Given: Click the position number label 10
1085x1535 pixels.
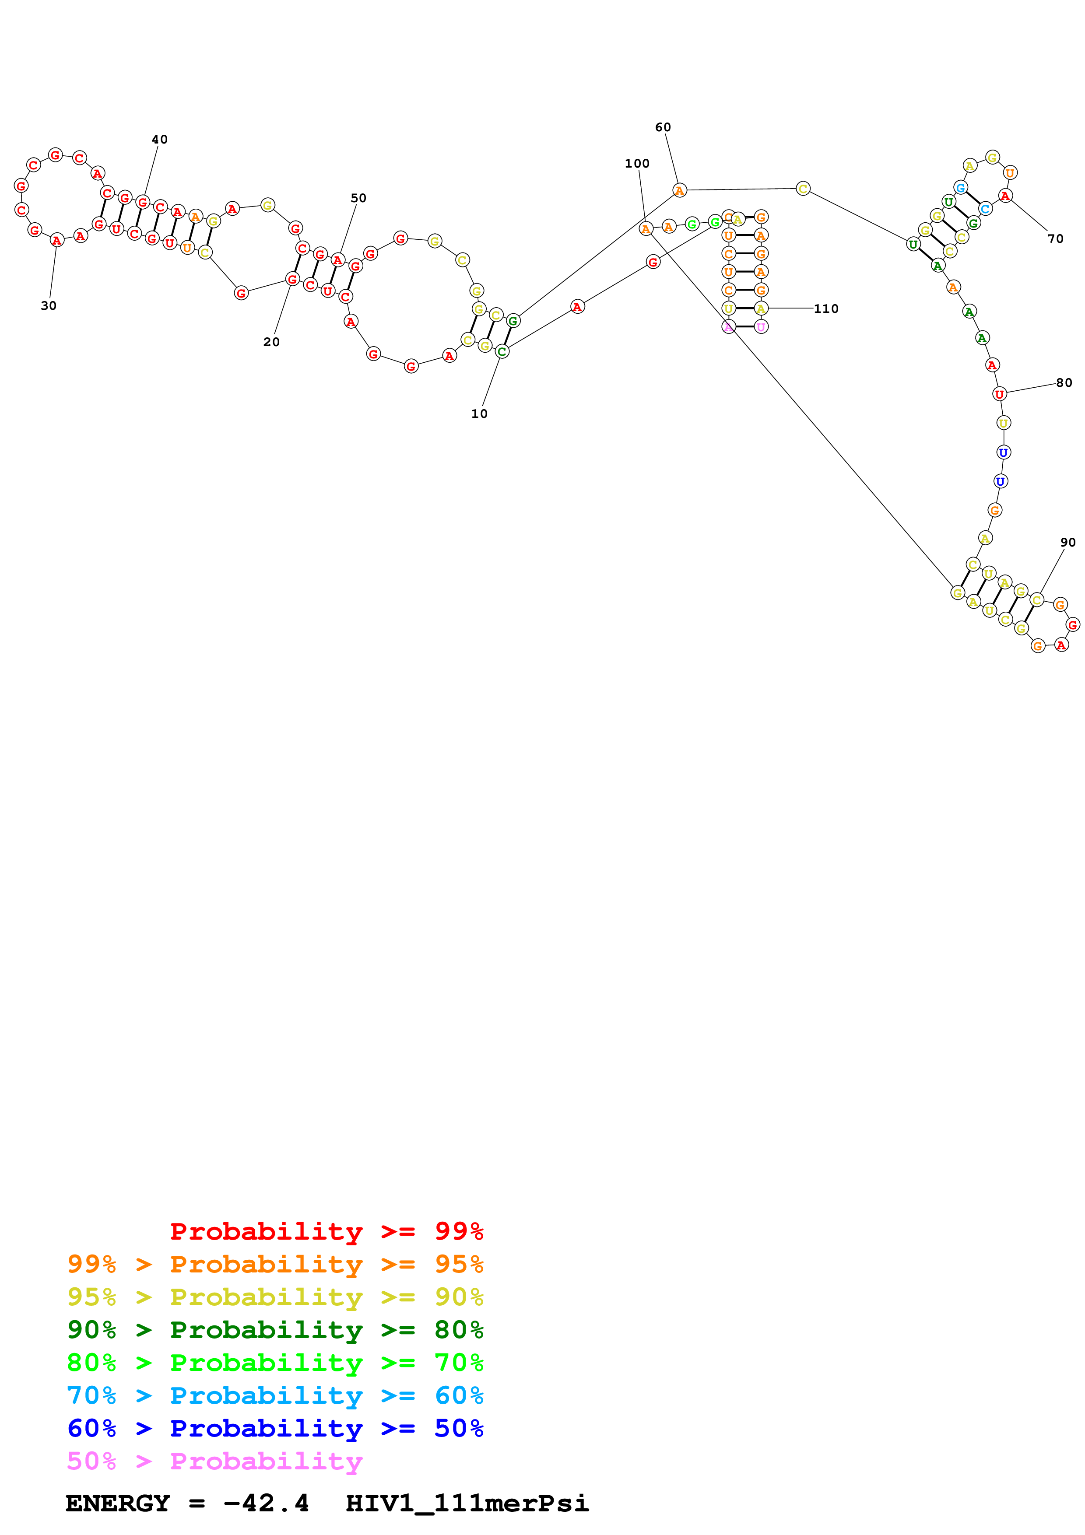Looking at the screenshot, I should [479, 414].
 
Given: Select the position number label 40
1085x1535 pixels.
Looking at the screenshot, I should [159, 139].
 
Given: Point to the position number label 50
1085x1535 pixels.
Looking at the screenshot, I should [358, 198].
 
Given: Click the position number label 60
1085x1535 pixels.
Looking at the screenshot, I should [663, 127].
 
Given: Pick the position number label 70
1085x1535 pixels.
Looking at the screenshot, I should [1055, 238].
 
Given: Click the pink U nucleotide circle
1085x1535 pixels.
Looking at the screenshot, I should [761, 326].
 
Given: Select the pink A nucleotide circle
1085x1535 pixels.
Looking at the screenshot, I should [729, 326].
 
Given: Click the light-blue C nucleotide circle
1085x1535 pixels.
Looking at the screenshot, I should [985, 209].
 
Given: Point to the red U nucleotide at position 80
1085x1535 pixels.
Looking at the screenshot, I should [999, 394].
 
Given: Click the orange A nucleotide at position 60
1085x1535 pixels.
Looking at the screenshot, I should [679, 190].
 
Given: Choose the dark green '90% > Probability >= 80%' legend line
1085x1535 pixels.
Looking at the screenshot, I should [275, 1330].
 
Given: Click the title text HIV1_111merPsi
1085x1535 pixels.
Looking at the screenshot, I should [467, 1503].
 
